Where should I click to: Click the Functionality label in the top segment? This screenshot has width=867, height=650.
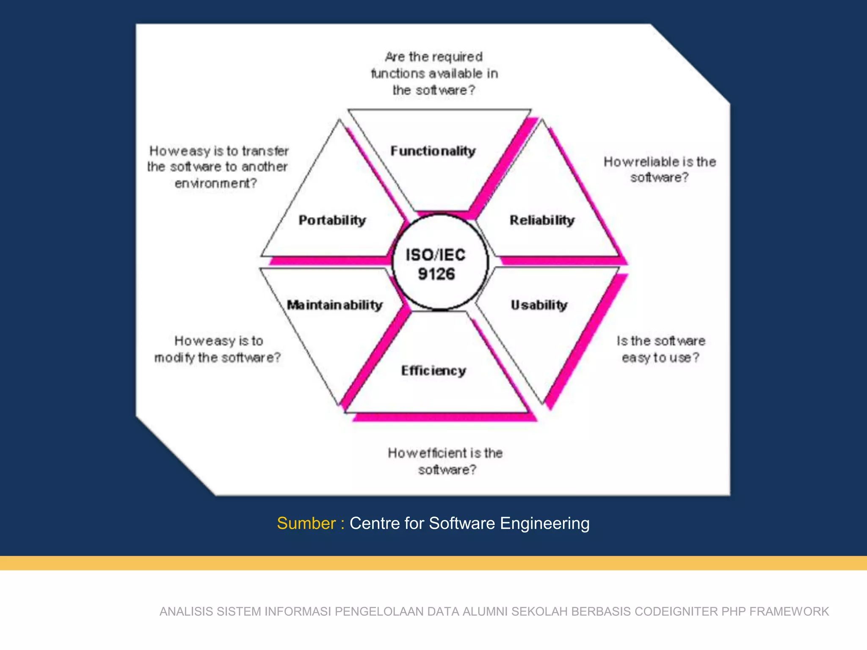click(433, 151)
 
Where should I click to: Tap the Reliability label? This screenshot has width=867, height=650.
click(542, 220)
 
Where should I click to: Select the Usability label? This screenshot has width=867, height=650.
click(539, 305)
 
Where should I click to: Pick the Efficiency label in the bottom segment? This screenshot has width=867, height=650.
click(433, 371)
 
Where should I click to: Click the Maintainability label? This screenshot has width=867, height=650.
click(334, 305)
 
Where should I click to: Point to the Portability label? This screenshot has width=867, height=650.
click(332, 220)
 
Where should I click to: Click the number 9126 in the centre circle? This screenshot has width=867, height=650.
click(436, 274)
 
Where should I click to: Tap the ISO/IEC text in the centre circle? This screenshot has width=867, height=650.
click(436, 255)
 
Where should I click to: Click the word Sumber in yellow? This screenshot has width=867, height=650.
click(306, 523)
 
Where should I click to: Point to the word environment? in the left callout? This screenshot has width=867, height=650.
click(216, 183)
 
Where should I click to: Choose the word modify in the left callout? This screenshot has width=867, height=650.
click(174, 358)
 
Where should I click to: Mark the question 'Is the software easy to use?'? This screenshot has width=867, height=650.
click(661, 349)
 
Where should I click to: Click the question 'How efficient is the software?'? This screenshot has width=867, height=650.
click(446, 461)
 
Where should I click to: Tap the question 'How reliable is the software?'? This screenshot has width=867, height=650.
click(660, 169)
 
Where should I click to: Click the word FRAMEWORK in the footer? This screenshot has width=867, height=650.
click(789, 611)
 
